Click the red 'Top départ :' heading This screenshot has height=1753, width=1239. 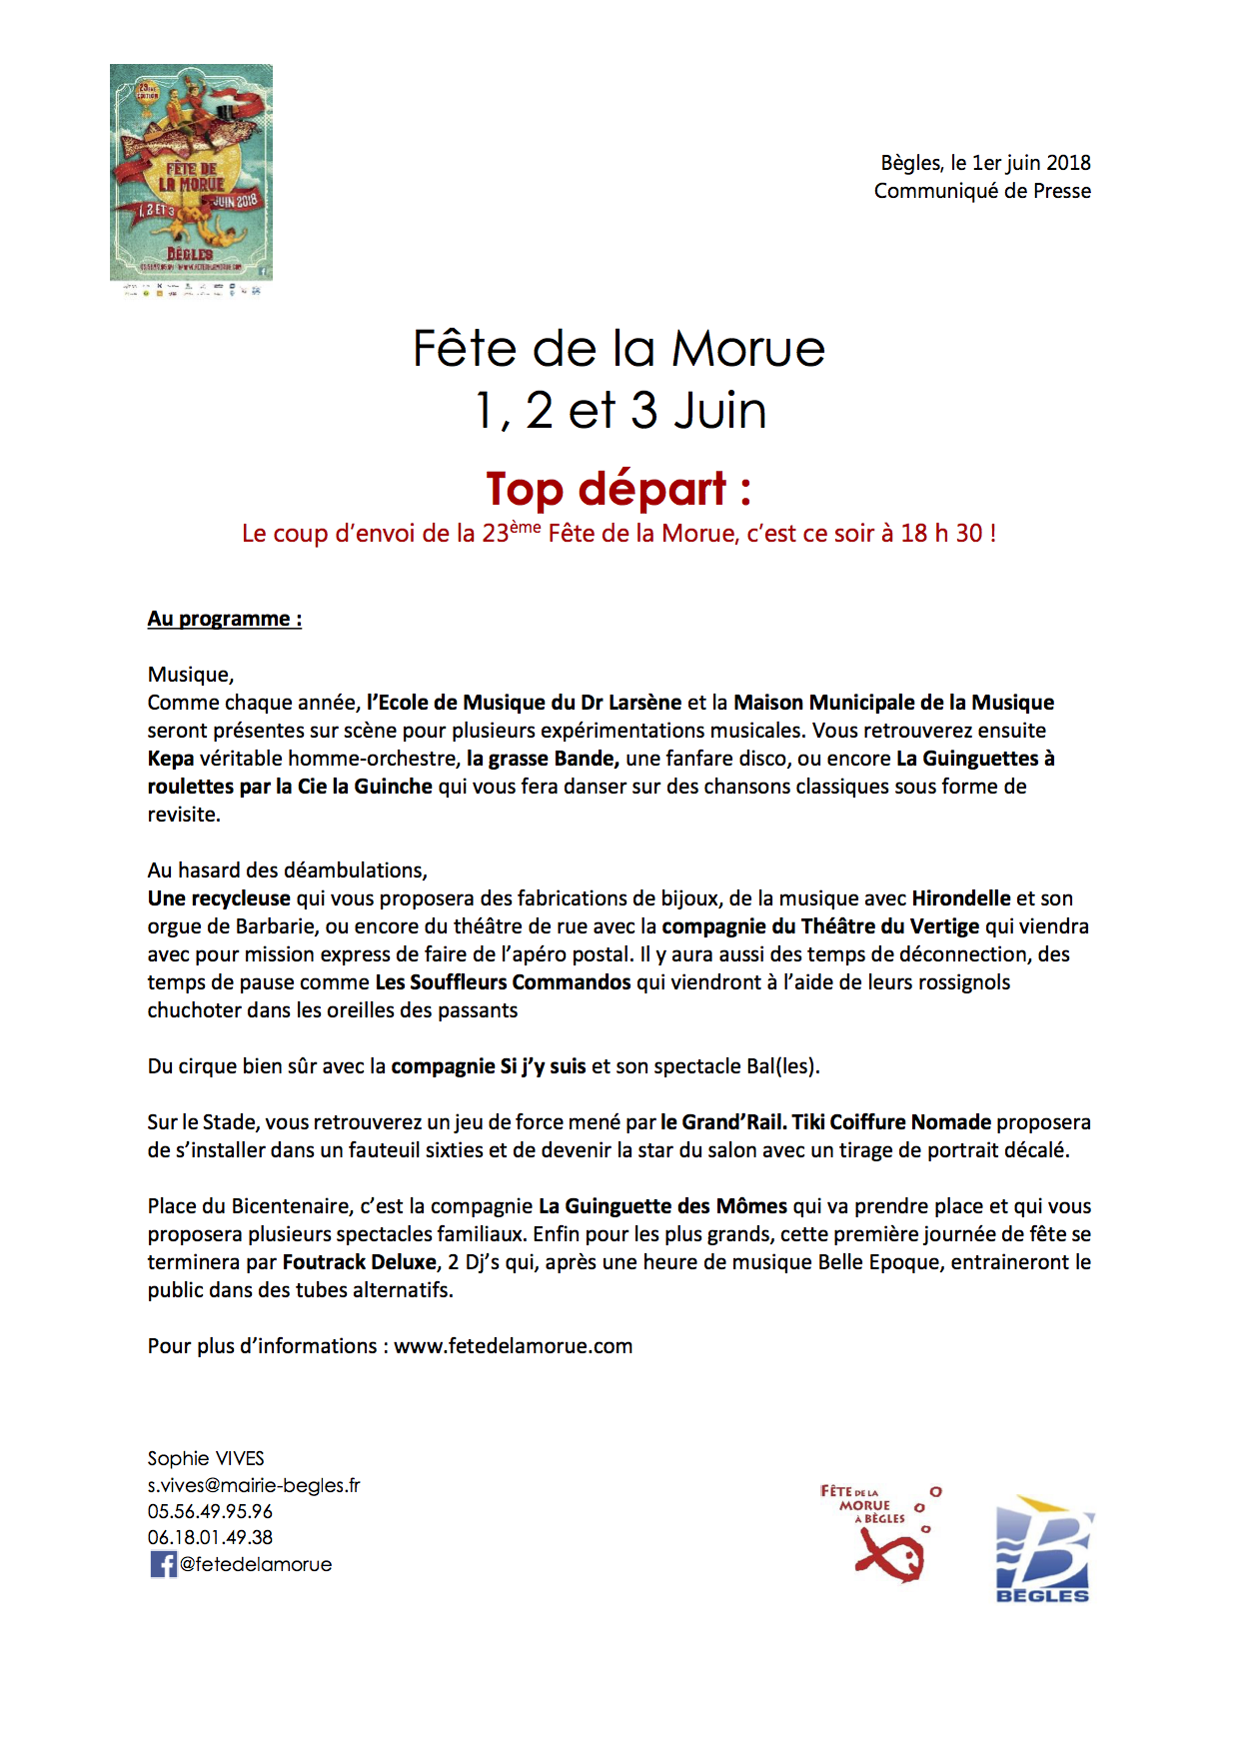pyautogui.click(x=619, y=489)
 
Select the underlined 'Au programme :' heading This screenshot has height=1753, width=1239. pyautogui.click(x=225, y=619)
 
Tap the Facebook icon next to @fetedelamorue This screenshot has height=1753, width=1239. pyautogui.click(x=163, y=1564)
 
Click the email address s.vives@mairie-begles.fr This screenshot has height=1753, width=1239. pyautogui.click(x=254, y=1485)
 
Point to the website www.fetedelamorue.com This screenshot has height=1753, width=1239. pyautogui.click(x=514, y=1346)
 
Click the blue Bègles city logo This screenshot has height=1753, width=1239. pyautogui.click(x=1044, y=1548)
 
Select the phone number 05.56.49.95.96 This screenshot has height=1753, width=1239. pyautogui.click(x=210, y=1511)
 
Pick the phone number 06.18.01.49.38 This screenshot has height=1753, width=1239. pyautogui.click(x=210, y=1537)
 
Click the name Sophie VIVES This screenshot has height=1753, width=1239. pyautogui.click(x=206, y=1458)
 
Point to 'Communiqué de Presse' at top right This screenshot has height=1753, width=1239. pyautogui.click(x=982, y=191)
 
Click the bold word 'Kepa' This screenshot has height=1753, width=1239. pyautogui.click(x=171, y=759)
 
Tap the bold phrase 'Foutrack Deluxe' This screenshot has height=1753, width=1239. pyautogui.click(x=360, y=1262)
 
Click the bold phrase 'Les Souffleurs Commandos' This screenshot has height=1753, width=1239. pyautogui.click(x=503, y=982)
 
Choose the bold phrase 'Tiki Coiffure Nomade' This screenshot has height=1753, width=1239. pyautogui.click(x=891, y=1122)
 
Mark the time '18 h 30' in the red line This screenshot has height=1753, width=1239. pyautogui.click(x=941, y=534)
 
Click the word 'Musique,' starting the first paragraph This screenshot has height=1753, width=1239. pyautogui.click(x=191, y=675)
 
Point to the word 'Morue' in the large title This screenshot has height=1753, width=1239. pyautogui.click(x=748, y=349)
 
